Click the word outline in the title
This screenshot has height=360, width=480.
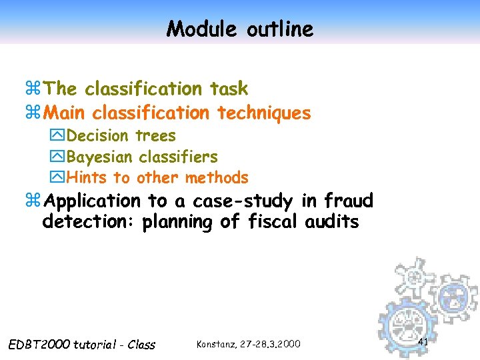pyautogui.click(x=279, y=29)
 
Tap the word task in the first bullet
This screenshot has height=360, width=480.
pyautogui.click(x=229, y=89)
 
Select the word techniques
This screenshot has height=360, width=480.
pyautogui.click(x=264, y=113)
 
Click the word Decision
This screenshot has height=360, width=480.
pyautogui.click(x=98, y=136)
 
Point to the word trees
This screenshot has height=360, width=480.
pyautogui.click(x=156, y=136)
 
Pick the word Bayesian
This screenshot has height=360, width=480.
pyautogui.click(x=100, y=157)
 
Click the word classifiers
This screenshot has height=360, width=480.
pyautogui.click(x=178, y=157)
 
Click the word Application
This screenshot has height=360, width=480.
pyautogui.click(x=95, y=201)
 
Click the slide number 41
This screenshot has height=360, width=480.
pyautogui.click(x=423, y=342)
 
